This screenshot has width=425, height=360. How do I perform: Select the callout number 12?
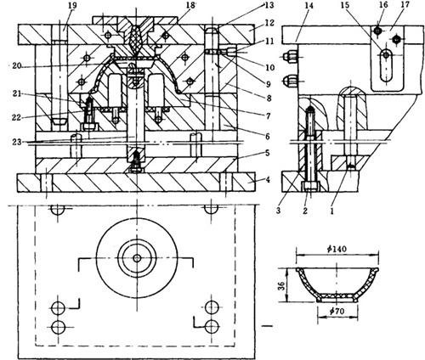269,23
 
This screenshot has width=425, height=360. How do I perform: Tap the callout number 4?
267,179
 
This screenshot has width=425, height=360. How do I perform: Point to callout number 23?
16,141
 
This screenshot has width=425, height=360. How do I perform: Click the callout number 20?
17,66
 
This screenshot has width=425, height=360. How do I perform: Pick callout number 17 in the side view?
405,5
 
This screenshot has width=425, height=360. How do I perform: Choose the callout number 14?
309,5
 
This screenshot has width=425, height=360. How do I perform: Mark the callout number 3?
278,211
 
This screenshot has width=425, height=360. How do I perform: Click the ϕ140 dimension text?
337,249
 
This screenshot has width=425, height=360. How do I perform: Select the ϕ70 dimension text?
337,311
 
